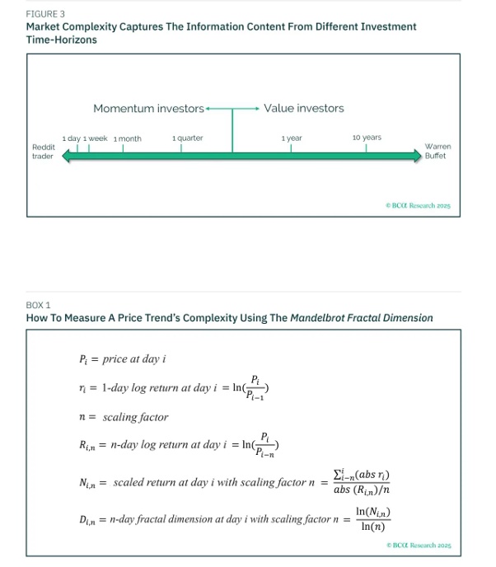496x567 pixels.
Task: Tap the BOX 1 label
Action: coord(38,305)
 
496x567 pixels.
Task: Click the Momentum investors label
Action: coord(148,109)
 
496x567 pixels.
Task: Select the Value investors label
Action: coord(304,109)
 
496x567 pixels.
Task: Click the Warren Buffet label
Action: coord(438,151)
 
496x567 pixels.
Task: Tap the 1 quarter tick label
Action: coord(188,138)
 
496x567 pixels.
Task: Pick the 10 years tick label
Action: coord(367,137)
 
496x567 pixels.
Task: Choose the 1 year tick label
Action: coord(292,138)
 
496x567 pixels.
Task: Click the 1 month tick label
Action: coord(127,138)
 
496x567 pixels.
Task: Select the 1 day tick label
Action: coord(71,138)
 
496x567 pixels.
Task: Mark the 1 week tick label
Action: coord(96,138)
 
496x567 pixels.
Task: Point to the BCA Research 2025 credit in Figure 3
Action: coord(418,205)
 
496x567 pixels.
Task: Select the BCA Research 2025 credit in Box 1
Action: coord(418,545)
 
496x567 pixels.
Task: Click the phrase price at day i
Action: coord(138,358)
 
